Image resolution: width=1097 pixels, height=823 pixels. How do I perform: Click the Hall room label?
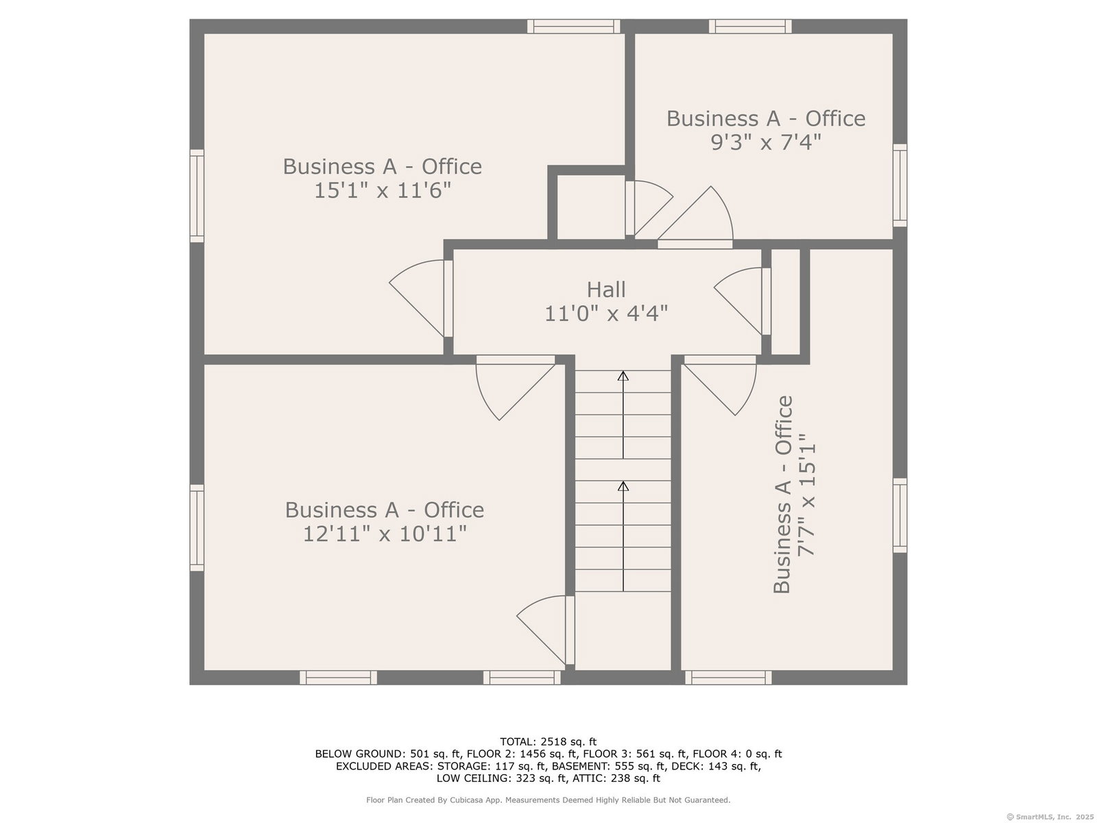tap(605, 290)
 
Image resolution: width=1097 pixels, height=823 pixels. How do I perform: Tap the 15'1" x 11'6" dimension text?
tap(383, 191)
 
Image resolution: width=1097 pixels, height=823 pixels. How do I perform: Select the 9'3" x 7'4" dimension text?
tap(766, 143)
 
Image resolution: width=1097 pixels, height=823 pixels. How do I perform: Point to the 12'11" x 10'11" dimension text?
tap(385, 534)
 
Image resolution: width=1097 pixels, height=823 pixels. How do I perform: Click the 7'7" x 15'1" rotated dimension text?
tap(806, 494)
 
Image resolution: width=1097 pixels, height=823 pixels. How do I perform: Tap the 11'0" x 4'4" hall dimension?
tap(605, 314)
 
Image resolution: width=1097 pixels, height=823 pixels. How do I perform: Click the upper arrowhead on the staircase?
tap(623, 376)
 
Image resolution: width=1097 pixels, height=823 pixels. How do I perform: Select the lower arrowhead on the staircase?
tap(623, 486)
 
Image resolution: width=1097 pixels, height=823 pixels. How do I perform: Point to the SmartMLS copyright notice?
tap(1050, 817)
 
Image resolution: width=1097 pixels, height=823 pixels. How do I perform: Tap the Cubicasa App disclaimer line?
tap(548, 800)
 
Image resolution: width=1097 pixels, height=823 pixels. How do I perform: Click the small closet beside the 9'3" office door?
tap(591, 207)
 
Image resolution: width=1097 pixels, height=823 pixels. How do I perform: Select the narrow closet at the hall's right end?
tap(785, 301)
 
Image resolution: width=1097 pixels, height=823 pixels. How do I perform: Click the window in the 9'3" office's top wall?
tap(750, 27)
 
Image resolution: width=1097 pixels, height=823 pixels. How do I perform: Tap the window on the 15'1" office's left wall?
tap(197, 196)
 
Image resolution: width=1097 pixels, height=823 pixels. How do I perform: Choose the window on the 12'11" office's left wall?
tap(197, 527)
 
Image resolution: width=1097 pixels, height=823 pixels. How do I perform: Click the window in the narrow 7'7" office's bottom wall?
tap(728, 678)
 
